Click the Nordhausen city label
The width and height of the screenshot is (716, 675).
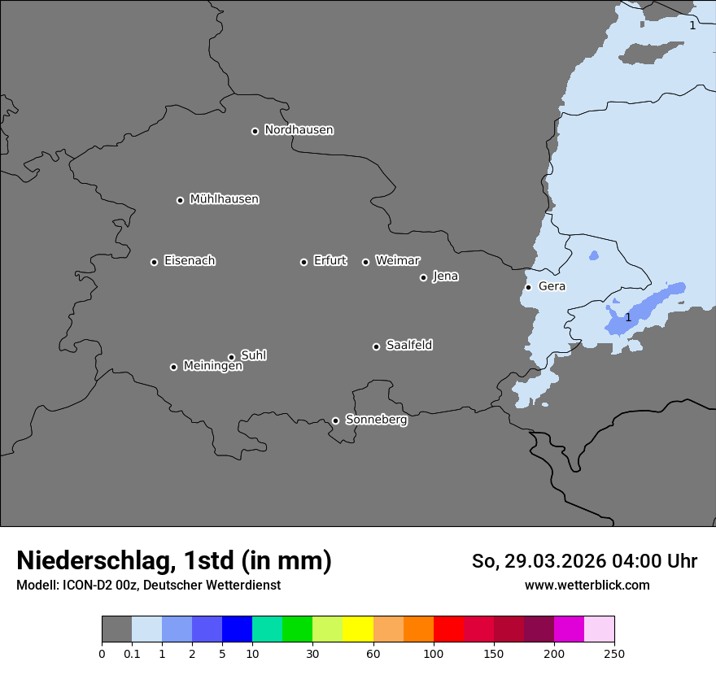point(299,130)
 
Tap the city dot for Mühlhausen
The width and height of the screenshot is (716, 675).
point(180,200)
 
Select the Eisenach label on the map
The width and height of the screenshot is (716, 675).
point(190,261)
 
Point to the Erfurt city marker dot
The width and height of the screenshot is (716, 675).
point(303,262)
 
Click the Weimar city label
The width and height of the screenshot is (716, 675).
point(397,261)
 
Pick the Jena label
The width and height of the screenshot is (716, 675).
point(445,277)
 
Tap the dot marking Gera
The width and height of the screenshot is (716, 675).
point(528,287)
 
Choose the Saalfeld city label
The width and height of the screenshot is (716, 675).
point(408,346)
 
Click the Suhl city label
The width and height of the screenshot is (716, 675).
point(253,355)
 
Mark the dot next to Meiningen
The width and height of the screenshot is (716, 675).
point(173,367)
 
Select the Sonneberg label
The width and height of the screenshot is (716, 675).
point(376,420)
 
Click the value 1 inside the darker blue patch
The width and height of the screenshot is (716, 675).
point(627,317)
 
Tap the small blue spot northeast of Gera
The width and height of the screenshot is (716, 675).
point(593,256)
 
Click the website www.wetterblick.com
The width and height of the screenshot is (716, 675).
point(587,585)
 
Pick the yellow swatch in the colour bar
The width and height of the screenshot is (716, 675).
point(358,629)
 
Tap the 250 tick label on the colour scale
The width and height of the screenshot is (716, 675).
point(614,654)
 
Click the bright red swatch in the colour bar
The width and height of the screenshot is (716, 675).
point(448,629)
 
